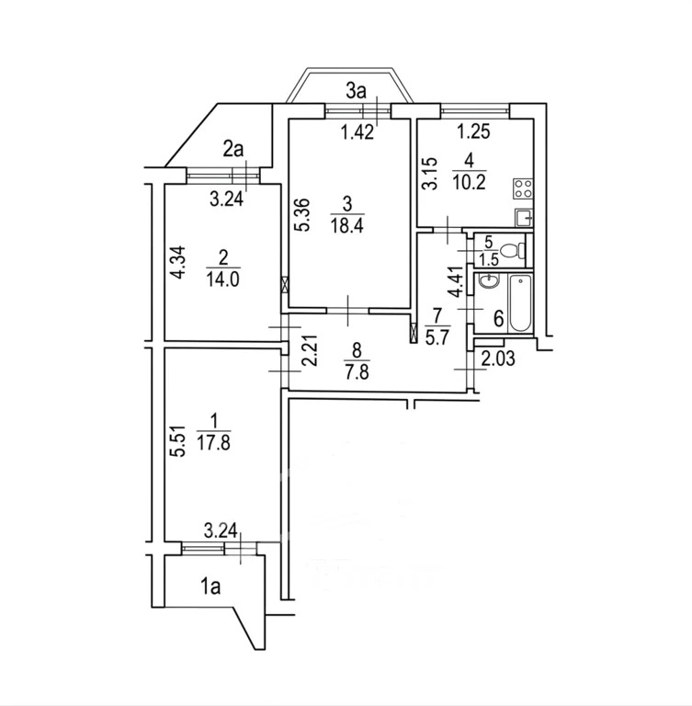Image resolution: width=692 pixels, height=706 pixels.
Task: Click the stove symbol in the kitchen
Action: click(x=522, y=188)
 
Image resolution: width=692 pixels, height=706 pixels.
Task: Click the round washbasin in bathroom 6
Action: click(x=489, y=282)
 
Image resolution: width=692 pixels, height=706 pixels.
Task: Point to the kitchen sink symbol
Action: click(x=523, y=219)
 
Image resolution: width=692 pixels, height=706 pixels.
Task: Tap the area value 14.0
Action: click(x=223, y=279)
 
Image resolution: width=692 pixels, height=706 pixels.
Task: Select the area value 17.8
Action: click(x=214, y=443)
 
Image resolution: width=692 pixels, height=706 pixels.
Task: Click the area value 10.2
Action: click(x=469, y=182)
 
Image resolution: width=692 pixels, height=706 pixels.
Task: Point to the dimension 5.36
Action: click(x=303, y=215)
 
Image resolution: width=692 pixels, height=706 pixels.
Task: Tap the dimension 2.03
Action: click(x=498, y=359)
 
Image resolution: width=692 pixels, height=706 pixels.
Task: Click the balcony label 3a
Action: click(x=356, y=91)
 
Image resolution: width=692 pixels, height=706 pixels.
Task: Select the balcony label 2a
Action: click(x=233, y=150)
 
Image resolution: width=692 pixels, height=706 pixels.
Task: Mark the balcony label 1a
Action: click(x=210, y=587)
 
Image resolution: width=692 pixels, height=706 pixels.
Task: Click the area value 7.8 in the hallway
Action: click(x=357, y=373)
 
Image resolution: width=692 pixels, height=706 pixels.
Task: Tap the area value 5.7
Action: click(x=437, y=336)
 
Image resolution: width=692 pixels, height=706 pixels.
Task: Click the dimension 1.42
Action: click(x=357, y=132)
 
